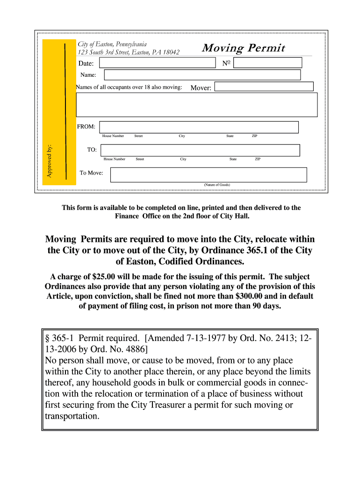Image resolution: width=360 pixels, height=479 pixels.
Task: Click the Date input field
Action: tap(158, 63)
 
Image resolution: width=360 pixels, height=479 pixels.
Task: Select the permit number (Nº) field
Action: tap(268, 63)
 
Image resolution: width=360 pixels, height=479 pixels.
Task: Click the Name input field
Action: tap(202, 75)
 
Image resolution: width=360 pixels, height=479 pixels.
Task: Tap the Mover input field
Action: tap(264, 87)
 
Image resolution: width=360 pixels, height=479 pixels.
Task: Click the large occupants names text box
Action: tap(196, 104)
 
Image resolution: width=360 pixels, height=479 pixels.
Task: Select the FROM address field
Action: tap(199, 127)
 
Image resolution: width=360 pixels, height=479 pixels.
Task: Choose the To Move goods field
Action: tap(208, 174)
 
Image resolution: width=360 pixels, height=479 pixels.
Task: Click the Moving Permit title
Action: tap(243, 49)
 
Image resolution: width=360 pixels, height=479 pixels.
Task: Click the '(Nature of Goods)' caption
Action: tap(216, 185)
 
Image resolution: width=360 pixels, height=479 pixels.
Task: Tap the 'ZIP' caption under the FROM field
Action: tap(254, 136)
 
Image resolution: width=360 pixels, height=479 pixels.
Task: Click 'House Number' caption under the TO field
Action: tap(114, 159)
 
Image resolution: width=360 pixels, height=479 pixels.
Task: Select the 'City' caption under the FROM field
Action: tap(181, 136)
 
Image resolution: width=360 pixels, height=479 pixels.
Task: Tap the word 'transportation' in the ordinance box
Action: tap(72, 416)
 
